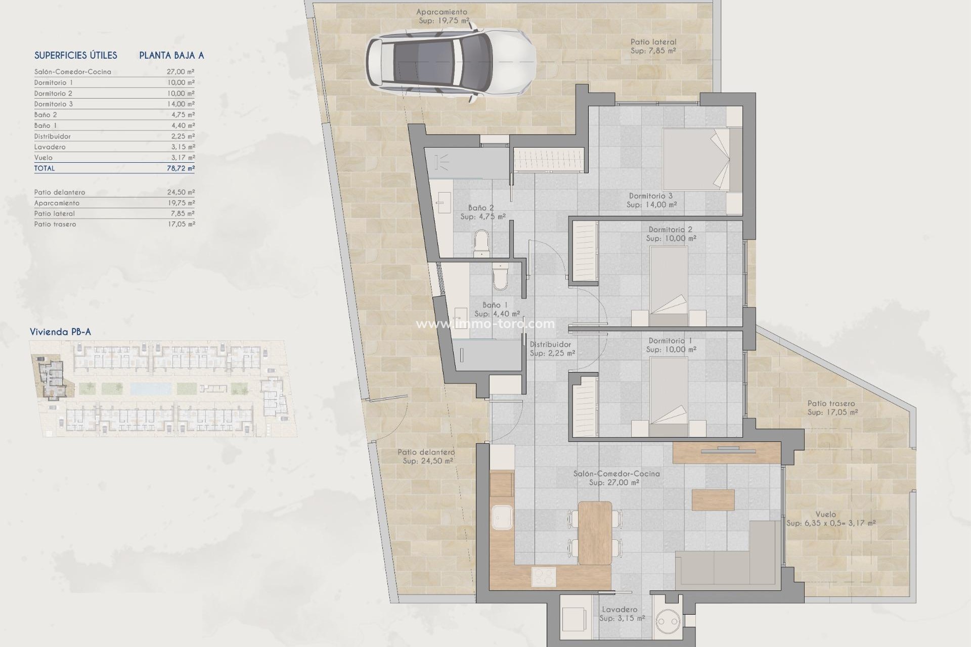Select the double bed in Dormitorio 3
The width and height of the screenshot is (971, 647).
696,159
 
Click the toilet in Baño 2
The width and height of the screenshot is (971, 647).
481,243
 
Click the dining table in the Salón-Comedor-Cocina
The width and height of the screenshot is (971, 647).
595,532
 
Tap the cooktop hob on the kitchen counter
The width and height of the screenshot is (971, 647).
544,577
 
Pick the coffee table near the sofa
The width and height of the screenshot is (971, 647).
713,500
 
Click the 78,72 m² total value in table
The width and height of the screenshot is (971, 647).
181,168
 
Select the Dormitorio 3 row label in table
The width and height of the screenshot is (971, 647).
54,104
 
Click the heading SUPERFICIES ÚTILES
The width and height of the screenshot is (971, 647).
76,56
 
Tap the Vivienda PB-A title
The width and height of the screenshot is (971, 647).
60,332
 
